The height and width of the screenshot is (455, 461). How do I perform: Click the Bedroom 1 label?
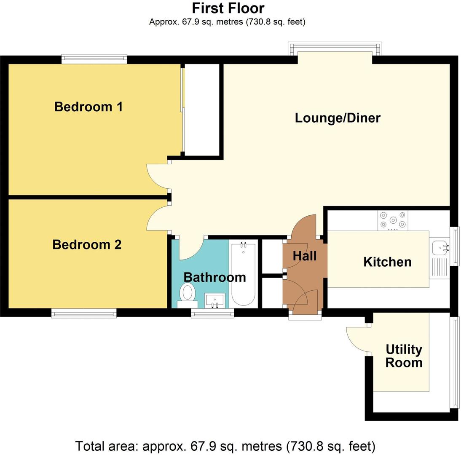[88, 107]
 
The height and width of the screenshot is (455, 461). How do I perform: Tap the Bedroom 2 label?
[87, 244]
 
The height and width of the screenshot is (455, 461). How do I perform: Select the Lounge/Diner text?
[338, 118]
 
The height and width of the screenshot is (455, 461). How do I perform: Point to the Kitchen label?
[387, 262]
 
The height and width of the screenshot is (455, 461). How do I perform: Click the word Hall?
[304, 256]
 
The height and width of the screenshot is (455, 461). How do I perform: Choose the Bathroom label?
[214, 277]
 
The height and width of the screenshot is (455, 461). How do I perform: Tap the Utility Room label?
[404, 356]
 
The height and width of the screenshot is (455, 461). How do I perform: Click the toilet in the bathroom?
[188, 294]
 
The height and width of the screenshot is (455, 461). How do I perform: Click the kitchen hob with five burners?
[393, 220]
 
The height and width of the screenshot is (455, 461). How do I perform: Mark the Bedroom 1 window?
[94, 59]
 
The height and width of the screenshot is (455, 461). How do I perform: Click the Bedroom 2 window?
[84, 313]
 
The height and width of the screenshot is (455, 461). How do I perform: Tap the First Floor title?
[228, 8]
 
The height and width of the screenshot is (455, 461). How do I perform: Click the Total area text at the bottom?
[225, 446]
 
